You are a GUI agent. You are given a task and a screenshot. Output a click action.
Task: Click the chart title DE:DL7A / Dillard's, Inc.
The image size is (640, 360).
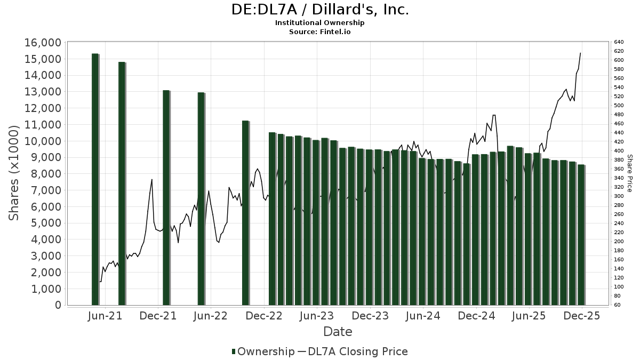[x=320, y=10]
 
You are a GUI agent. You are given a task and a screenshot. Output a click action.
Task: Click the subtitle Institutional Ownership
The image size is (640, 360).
[x=320, y=23]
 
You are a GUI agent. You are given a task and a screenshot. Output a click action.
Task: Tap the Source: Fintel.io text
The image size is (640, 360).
[x=320, y=31]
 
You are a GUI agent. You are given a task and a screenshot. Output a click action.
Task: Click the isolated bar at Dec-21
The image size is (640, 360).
[x=166, y=197]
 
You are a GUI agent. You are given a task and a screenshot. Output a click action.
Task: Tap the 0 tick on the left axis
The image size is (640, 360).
[x=58, y=305]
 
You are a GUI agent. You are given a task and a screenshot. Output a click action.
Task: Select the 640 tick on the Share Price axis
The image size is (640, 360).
[x=619, y=42]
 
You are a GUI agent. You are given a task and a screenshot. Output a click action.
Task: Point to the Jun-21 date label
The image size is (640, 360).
[x=105, y=316]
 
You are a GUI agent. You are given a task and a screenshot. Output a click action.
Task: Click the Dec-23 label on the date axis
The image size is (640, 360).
[x=370, y=316]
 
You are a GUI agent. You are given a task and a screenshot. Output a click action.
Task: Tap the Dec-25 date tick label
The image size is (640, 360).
[x=582, y=316]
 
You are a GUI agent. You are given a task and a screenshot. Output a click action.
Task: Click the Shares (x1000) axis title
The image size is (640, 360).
[x=15, y=173]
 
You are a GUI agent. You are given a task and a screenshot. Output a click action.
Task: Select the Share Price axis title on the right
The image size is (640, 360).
[x=630, y=173]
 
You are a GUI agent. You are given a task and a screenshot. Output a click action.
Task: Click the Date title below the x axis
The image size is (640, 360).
[x=338, y=332]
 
